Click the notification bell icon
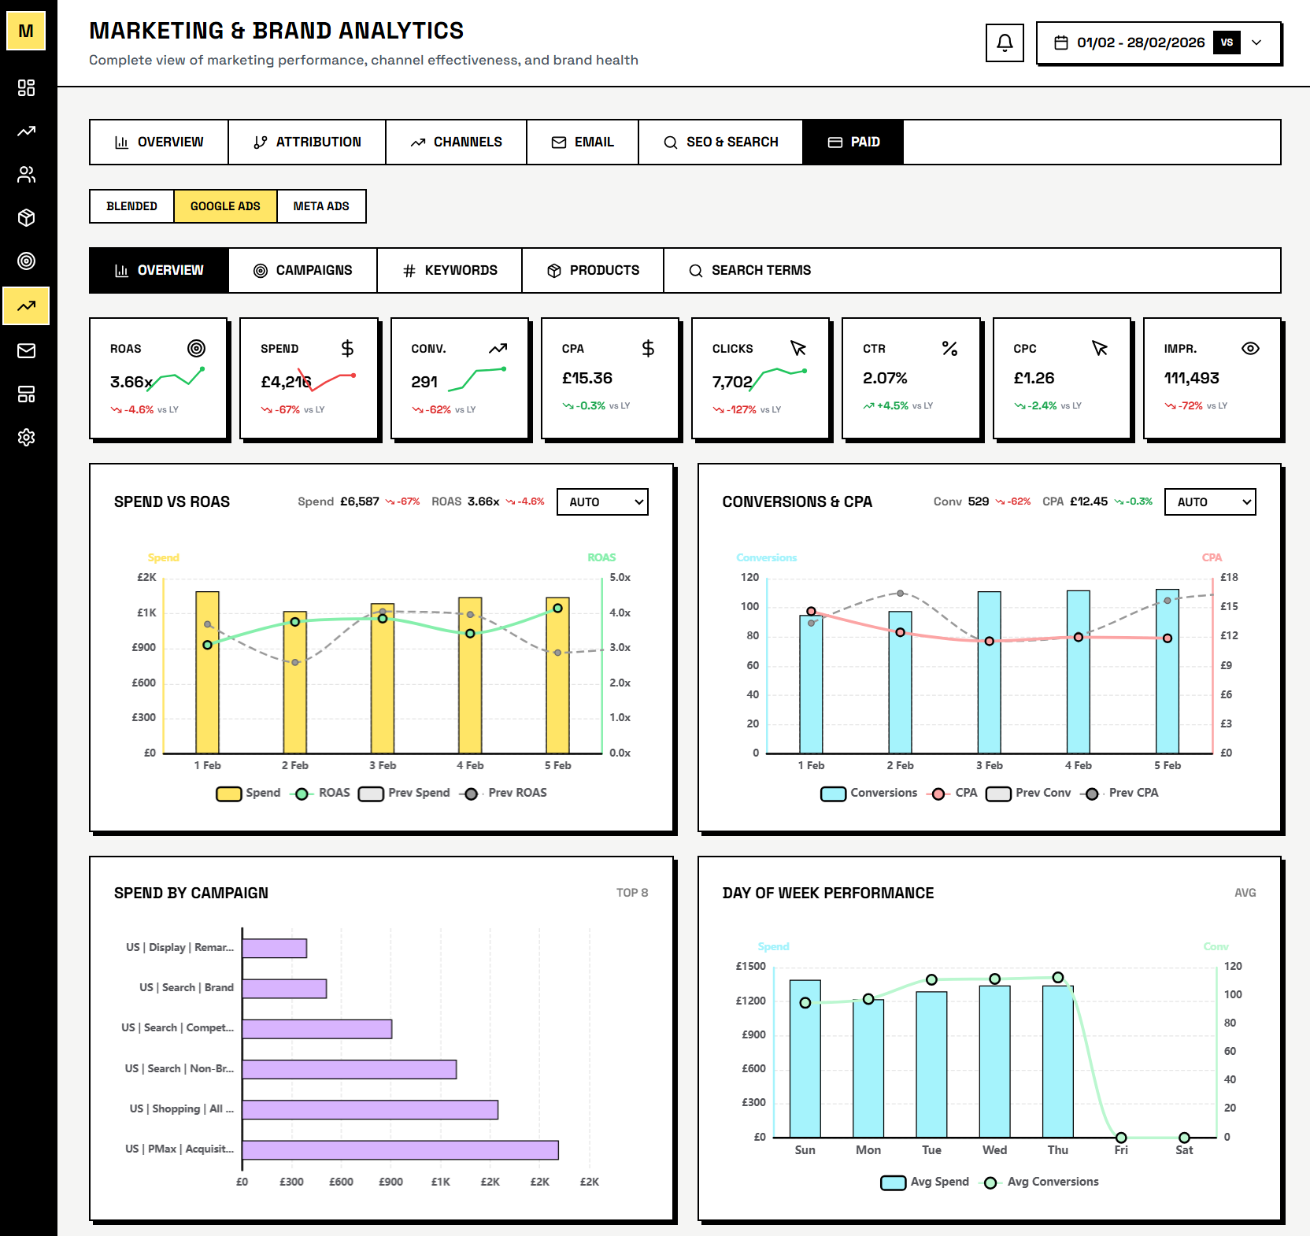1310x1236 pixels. tap(1005, 43)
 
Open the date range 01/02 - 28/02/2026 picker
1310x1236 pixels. tap(1140, 43)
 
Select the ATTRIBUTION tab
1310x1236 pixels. tap(307, 142)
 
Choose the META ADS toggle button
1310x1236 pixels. tap(321, 206)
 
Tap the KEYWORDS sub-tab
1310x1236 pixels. tap(450, 270)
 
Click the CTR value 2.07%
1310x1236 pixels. tap(885, 378)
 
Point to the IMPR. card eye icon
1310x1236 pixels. tap(1249, 348)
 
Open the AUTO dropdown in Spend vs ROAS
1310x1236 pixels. tap(602, 501)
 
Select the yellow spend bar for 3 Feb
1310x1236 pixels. tap(383, 681)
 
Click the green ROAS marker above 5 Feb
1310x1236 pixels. tap(557, 608)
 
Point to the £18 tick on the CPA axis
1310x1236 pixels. tap(1228, 577)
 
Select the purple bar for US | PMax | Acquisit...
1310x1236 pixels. tap(400, 1149)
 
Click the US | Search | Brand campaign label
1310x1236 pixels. tap(186, 987)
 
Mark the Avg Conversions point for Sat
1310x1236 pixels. tap(1184, 1138)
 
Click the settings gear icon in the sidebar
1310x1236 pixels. tap(27, 437)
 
